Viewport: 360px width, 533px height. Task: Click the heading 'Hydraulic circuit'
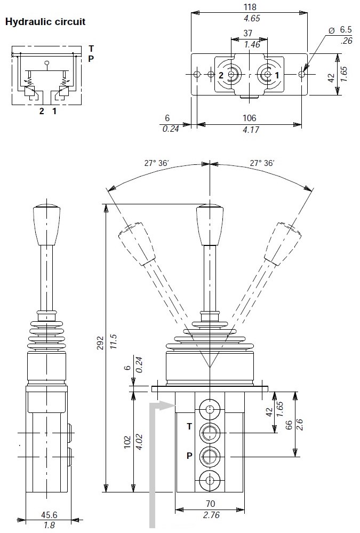coord(45,22)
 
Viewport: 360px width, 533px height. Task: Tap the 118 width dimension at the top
coord(250,7)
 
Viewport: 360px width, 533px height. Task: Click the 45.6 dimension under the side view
coord(49,514)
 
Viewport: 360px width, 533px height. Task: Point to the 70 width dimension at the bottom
coord(211,504)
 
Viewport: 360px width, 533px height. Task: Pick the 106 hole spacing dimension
coord(250,118)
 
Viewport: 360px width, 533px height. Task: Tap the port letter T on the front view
coord(189,426)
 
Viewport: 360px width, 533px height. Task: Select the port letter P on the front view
coord(190,456)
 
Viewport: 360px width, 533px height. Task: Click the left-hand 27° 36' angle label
coord(156,163)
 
